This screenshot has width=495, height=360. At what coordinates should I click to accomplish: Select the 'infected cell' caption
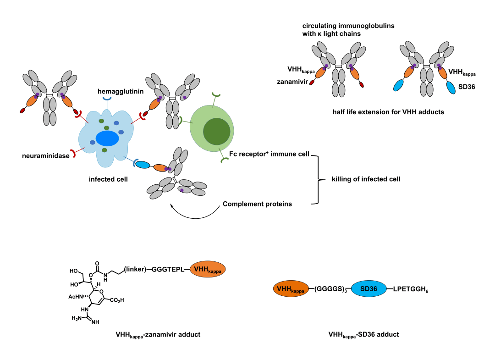pyautogui.click(x=108, y=179)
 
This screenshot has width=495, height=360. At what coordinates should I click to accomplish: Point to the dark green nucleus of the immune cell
pyautogui.click(x=217, y=130)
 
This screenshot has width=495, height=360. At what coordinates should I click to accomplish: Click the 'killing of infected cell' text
pyautogui.click(x=366, y=179)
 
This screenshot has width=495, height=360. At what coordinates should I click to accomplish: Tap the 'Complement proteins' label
pyautogui.click(x=257, y=204)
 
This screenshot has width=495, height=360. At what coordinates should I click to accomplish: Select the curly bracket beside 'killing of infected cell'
pyautogui.click(x=316, y=179)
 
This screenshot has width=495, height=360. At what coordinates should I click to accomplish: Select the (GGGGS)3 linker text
pyautogui.click(x=330, y=289)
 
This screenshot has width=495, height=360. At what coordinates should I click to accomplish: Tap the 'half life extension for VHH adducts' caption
pyautogui.click(x=388, y=112)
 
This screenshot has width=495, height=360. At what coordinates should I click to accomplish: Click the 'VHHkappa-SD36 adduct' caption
pyautogui.click(x=363, y=334)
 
